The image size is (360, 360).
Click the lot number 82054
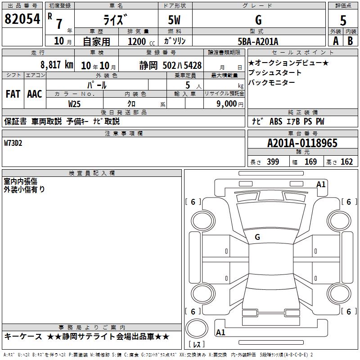(x=22, y=19)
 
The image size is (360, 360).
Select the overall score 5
(x=343, y=20)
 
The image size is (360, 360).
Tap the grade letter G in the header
(x=258, y=20)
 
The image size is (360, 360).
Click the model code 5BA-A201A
(x=258, y=41)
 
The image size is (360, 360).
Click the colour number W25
(x=75, y=103)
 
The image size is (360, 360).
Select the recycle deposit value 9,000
(x=226, y=103)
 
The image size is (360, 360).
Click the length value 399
(x=273, y=162)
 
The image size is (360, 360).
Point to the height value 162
(x=346, y=162)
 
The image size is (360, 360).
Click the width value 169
(x=310, y=162)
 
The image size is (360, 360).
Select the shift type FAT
(x=13, y=94)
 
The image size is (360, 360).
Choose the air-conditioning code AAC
(x=35, y=94)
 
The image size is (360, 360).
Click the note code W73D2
(x=13, y=143)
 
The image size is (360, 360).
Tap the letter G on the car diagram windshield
(x=257, y=237)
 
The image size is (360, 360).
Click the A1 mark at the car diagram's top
(x=321, y=184)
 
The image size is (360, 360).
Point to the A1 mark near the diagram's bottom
(x=220, y=333)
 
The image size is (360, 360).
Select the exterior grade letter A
(x=335, y=41)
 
